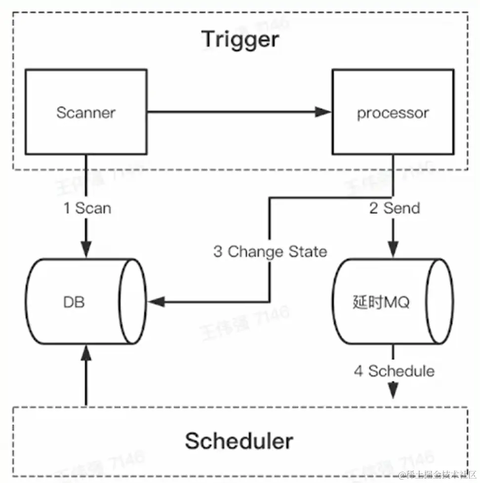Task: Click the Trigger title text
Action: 240,40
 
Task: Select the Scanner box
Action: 86,112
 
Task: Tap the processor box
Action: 393,112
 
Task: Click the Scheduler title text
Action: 239,441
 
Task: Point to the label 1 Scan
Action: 87,208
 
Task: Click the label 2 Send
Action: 395,208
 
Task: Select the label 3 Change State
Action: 270,251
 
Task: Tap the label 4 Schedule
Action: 394,371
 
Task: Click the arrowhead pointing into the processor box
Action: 323,112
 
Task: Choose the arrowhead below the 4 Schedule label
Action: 393,391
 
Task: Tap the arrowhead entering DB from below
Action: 86,352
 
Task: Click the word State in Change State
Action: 306,251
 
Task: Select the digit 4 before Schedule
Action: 359,371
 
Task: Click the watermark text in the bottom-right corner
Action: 438,475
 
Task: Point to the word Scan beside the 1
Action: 93,208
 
